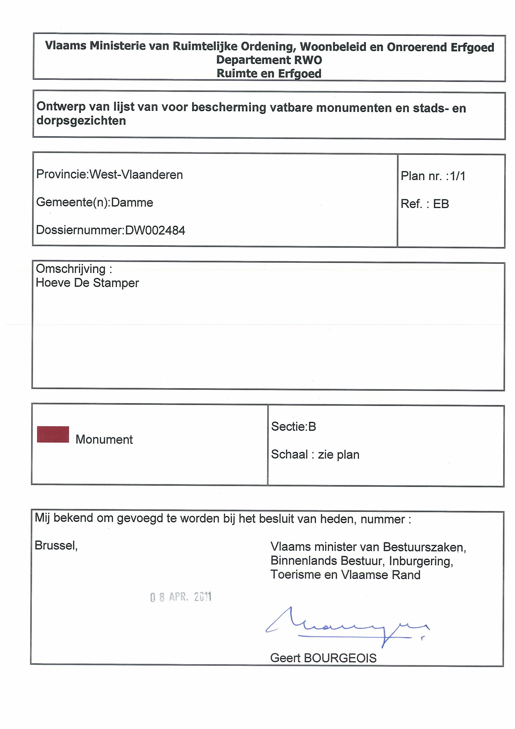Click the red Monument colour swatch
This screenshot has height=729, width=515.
point(53,434)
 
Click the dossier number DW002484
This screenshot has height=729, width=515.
point(155,230)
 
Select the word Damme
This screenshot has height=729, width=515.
point(132,202)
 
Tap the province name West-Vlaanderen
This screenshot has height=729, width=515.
point(136,175)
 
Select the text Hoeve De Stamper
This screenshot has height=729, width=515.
point(87,283)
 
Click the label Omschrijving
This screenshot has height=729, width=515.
point(71,269)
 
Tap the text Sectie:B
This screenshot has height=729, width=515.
point(294,426)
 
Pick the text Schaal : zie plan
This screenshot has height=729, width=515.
point(315,455)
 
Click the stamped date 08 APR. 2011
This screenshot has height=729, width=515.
point(181,597)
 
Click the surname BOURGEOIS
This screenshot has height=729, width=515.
point(340,658)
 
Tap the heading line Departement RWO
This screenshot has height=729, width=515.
point(269,60)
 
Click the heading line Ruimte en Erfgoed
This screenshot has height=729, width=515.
point(269,73)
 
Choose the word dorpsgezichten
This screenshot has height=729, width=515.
point(81,121)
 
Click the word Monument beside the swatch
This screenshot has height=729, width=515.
point(104,440)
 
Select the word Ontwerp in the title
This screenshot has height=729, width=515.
point(61,106)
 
